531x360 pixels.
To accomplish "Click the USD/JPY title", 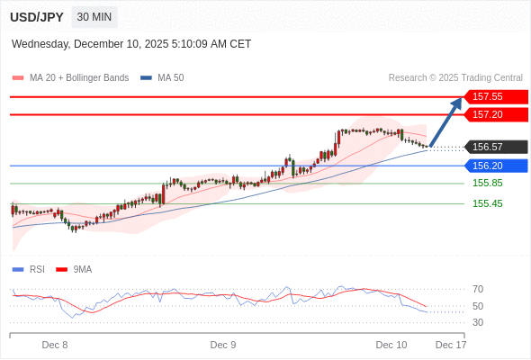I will pyautogui.click(x=36, y=17).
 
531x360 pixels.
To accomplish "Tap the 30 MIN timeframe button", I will pyautogui.click(x=94, y=17).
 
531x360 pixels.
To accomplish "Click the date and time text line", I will pyautogui.click(x=131, y=44).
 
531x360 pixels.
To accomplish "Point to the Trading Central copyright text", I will pyautogui.click(x=455, y=77).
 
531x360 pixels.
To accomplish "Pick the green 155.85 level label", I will pyautogui.click(x=488, y=183).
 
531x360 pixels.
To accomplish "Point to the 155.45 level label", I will pyautogui.click(x=488, y=203).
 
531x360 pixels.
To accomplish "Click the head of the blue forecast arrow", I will pyautogui.click(x=457, y=102).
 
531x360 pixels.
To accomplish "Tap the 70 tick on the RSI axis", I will pyautogui.click(x=478, y=289).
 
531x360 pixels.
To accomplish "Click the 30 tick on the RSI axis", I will pyautogui.click(x=478, y=322).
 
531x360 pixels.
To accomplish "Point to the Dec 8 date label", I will pyautogui.click(x=55, y=344).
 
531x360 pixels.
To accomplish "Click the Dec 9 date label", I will pyautogui.click(x=223, y=344).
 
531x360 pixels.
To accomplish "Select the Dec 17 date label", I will pyautogui.click(x=451, y=344).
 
